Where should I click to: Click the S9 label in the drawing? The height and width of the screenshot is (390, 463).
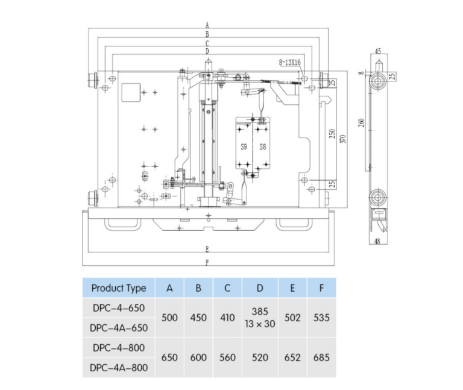click(x=244, y=146)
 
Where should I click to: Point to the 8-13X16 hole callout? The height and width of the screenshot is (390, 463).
click(x=289, y=62)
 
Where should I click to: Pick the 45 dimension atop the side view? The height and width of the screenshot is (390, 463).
click(x=378, y=52)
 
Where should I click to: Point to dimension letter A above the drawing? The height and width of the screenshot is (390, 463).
click(x=206, y=25)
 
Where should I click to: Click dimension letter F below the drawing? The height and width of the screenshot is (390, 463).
click(x=207, y=262)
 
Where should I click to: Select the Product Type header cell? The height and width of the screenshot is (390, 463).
click(x=119, y=288)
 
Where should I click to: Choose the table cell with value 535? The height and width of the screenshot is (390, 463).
click(x=322, y=318)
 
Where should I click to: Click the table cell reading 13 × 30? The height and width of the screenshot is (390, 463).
click(x=260, y=324)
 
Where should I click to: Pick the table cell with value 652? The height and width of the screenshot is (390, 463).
click(x=292, y=357)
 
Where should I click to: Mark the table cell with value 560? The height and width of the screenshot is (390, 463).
click(x=227, y=357)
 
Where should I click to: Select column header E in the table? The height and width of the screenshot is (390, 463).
click(x=292, y=288)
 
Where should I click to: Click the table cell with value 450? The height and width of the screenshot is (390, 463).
click(x=198, y=318)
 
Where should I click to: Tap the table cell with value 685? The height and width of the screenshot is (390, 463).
click(x=322, y=357)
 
